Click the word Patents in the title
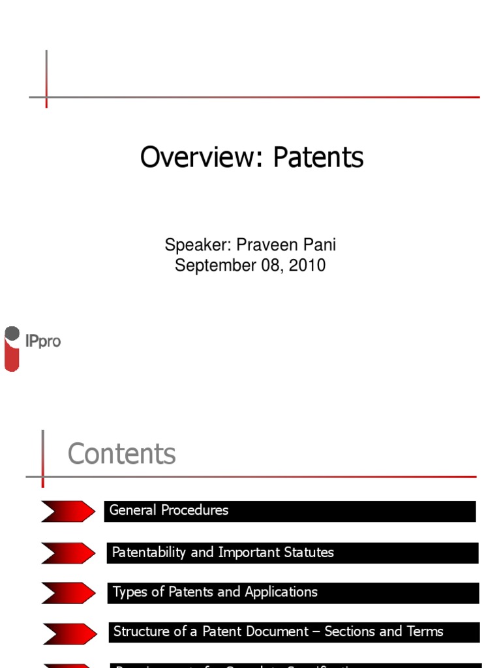318,157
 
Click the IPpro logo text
42,341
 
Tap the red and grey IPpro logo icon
12,349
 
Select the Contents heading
122,454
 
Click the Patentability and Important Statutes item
222,553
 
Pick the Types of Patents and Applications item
215,592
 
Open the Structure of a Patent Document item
278,631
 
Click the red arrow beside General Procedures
68,511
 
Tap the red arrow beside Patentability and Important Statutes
68,553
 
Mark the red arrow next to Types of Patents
68,593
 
